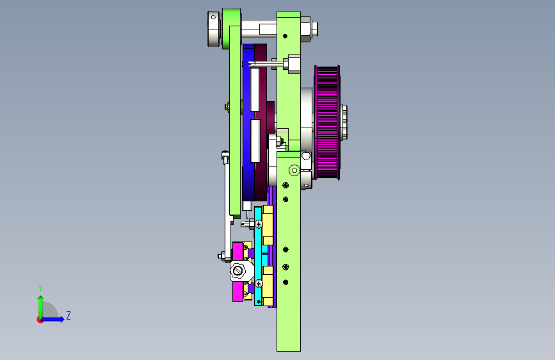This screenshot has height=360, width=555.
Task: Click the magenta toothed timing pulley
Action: click(x=327, y=122)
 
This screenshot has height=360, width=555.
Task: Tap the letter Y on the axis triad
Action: click(x=40, y=288)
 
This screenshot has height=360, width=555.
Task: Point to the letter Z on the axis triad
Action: click(x=68, y=315)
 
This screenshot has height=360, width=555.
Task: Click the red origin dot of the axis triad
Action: click(x=40, y=320)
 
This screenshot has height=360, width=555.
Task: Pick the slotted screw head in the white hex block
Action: click(x=237, y=271)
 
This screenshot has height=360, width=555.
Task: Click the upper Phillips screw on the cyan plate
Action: click(x=259, y=224)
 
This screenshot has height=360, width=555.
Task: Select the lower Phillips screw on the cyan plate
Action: click(x=259, y=284)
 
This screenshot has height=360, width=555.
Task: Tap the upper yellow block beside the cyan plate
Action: click(x=267, y=225)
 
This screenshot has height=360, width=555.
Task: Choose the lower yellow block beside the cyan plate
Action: click(x=267, y=286)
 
